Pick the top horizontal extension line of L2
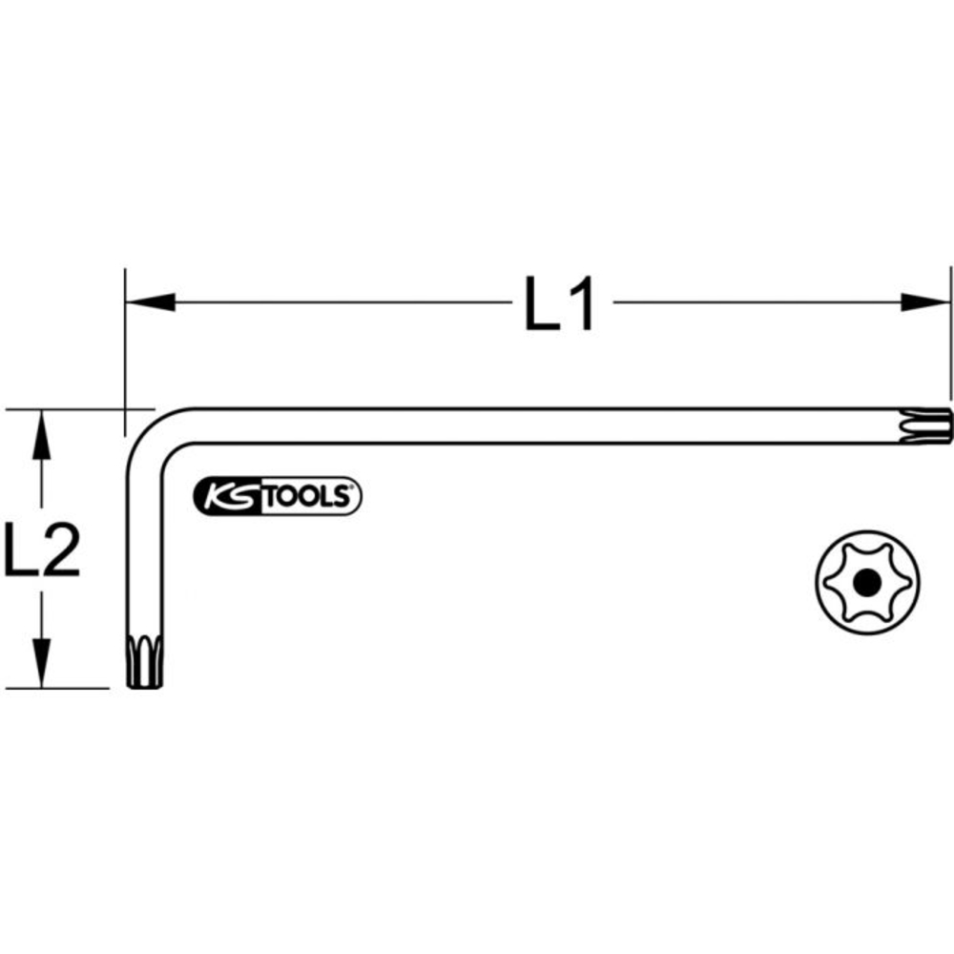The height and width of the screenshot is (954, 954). [67, 410]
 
